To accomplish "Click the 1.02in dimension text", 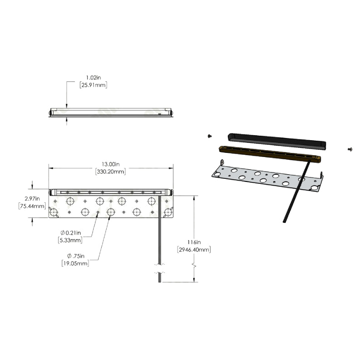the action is (93, 78).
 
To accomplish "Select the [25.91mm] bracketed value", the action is (93, 85).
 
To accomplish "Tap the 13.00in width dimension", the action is (111, 164).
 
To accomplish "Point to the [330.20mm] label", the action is (111, 172).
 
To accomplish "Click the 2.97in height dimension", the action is (32, 198).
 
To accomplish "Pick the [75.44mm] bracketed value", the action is (32, 206).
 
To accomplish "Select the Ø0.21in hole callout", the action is (71, 233).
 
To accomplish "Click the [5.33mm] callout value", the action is (70, 240).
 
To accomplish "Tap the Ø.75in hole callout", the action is (76, 256).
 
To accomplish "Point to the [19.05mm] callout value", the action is (75, 263).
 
